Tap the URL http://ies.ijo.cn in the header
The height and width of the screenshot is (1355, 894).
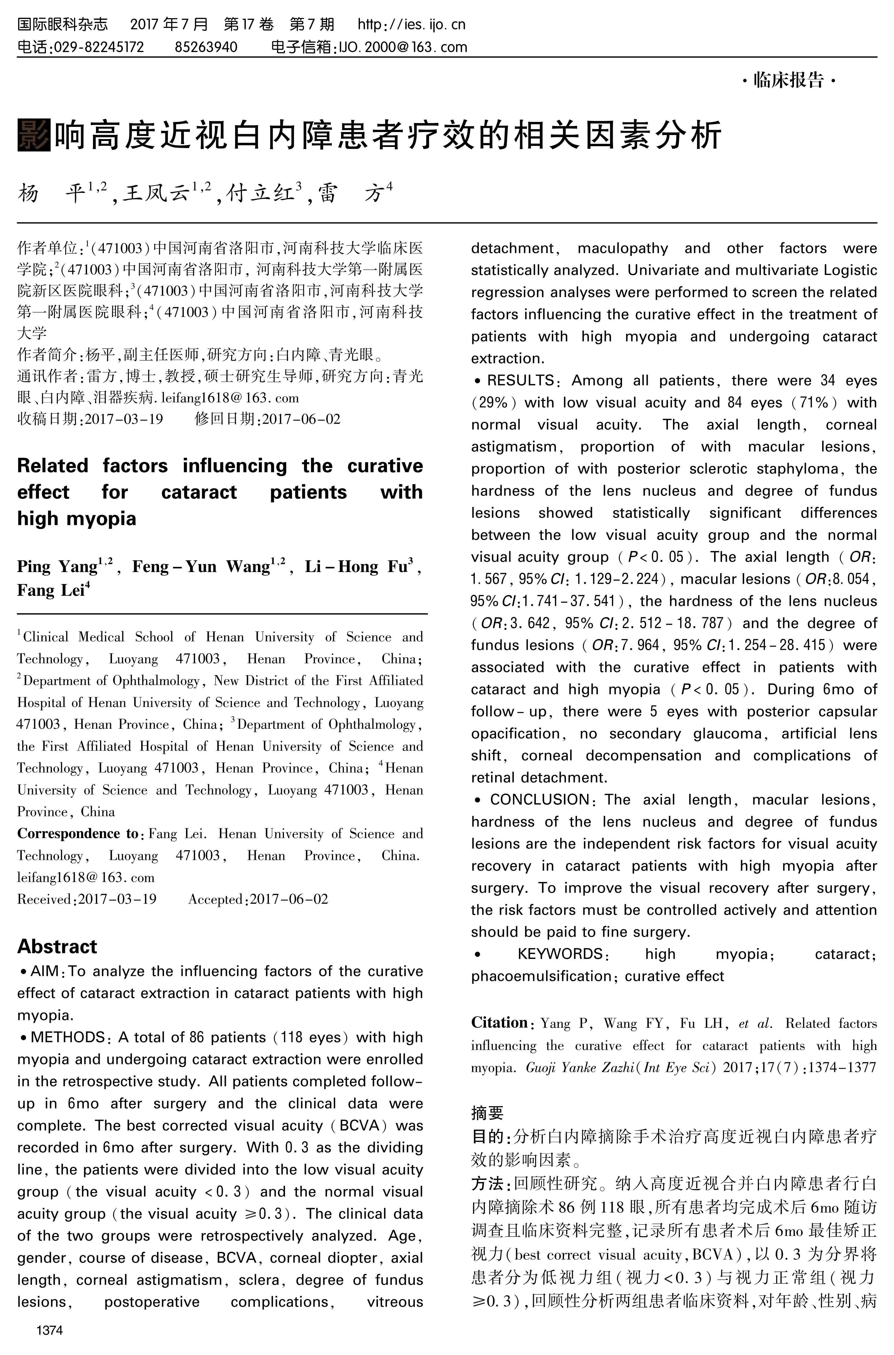(411, 24)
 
